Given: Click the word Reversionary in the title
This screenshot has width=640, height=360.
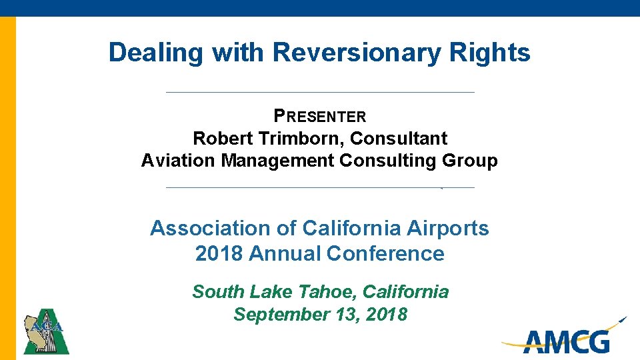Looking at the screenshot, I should [x=357, y=52].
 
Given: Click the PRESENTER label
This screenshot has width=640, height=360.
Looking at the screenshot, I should [x=320, y=117].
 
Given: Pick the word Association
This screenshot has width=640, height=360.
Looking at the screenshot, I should [x=208, y=228].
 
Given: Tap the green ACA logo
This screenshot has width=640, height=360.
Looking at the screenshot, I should [x=46, y=331].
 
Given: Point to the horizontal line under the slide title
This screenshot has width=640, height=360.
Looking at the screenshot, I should [x=320, y=92].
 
